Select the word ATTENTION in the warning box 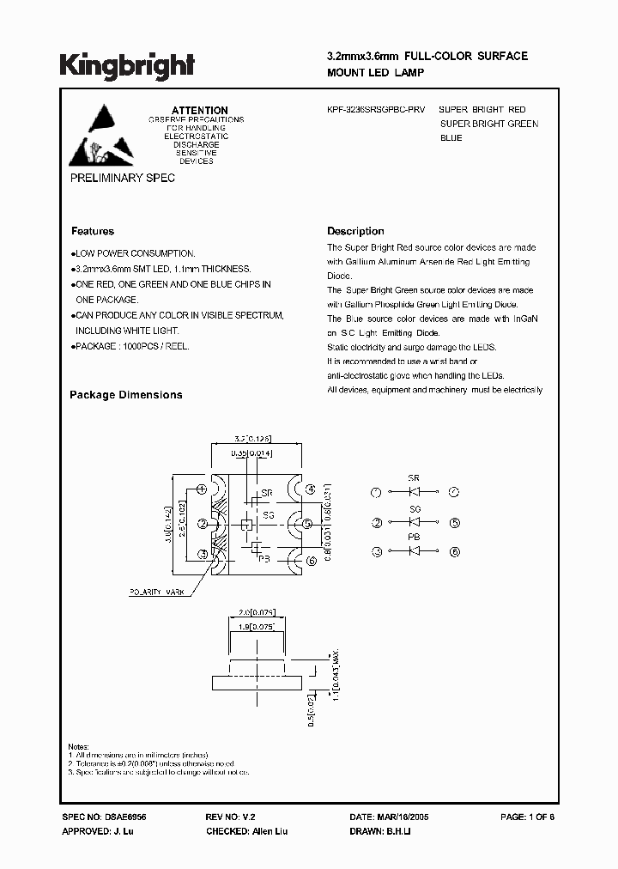click(200, 111)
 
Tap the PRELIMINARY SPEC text click(122, 178)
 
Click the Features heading click(92, 231)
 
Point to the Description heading click(355, 231)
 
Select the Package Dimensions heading click(125, 395)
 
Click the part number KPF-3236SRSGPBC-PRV click(376, 110)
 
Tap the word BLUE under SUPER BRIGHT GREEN click(451, 138)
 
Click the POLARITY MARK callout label click(158, 592)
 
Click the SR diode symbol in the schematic click(414, 492)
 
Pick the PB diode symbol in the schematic click(414, 551)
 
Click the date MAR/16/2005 click(405, 817)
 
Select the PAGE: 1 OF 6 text click(527, 817)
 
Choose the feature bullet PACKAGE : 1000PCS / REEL click(131, 346)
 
